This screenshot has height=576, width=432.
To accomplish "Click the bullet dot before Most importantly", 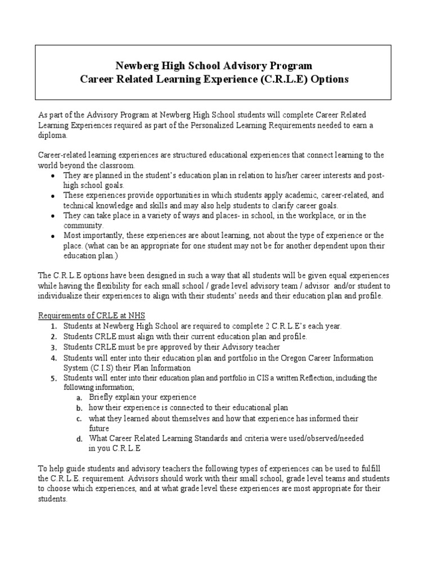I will (52, 236).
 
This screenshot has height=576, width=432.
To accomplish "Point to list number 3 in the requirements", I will (52, 347).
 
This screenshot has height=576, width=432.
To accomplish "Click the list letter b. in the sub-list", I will (80, 408).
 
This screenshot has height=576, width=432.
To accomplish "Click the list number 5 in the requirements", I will (52, 379).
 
